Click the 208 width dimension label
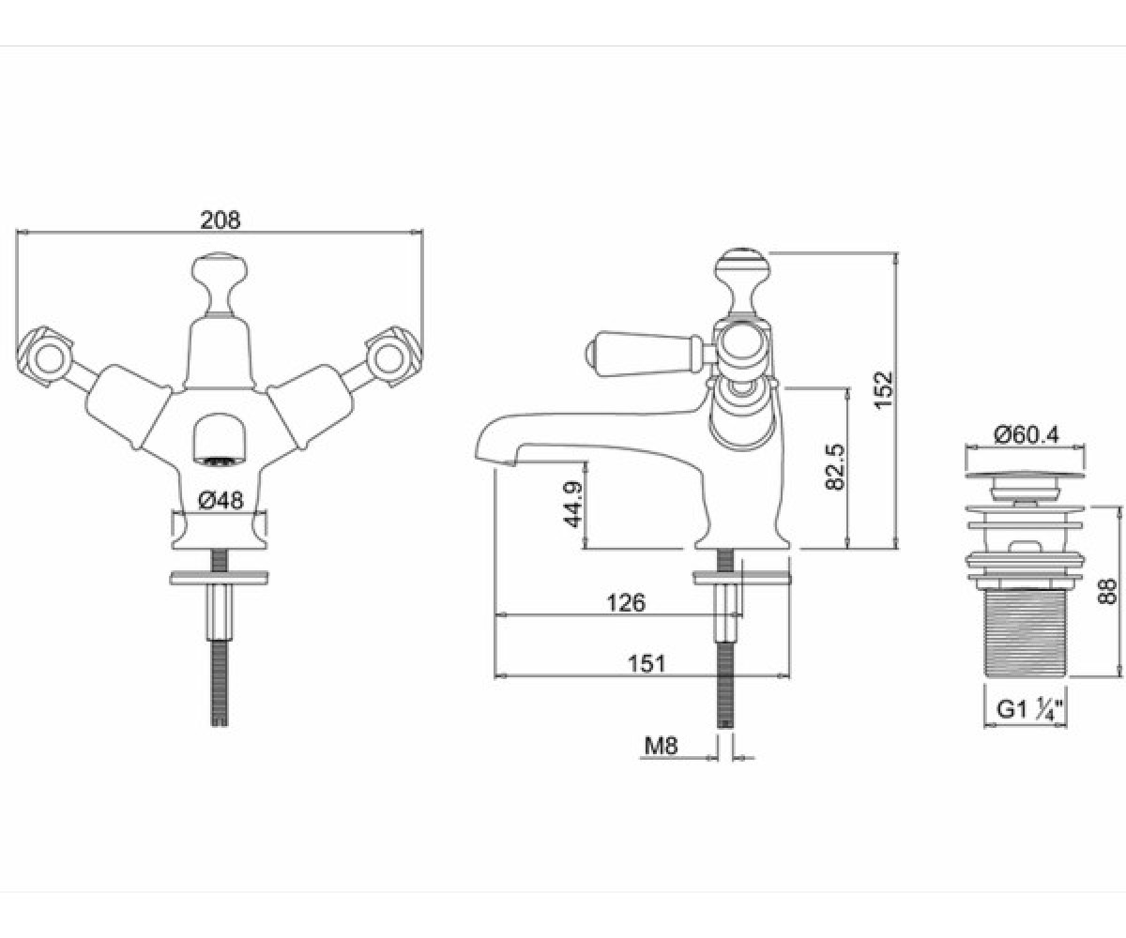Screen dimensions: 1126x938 [x=220, y=219]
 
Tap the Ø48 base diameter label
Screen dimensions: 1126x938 [x=221, y=501]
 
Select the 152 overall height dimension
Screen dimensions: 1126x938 [x=883, y=390]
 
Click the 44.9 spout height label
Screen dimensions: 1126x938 [x=571, y=504]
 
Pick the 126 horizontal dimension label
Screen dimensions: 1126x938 [x=626, y=603]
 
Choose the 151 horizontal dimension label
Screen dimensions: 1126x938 [x=647, y=663]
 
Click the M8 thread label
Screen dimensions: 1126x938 [x=661, y=746]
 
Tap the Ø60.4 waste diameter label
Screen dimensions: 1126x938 [x=1027, y=434]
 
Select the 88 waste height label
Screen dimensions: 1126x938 [x=1107, y=591]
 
